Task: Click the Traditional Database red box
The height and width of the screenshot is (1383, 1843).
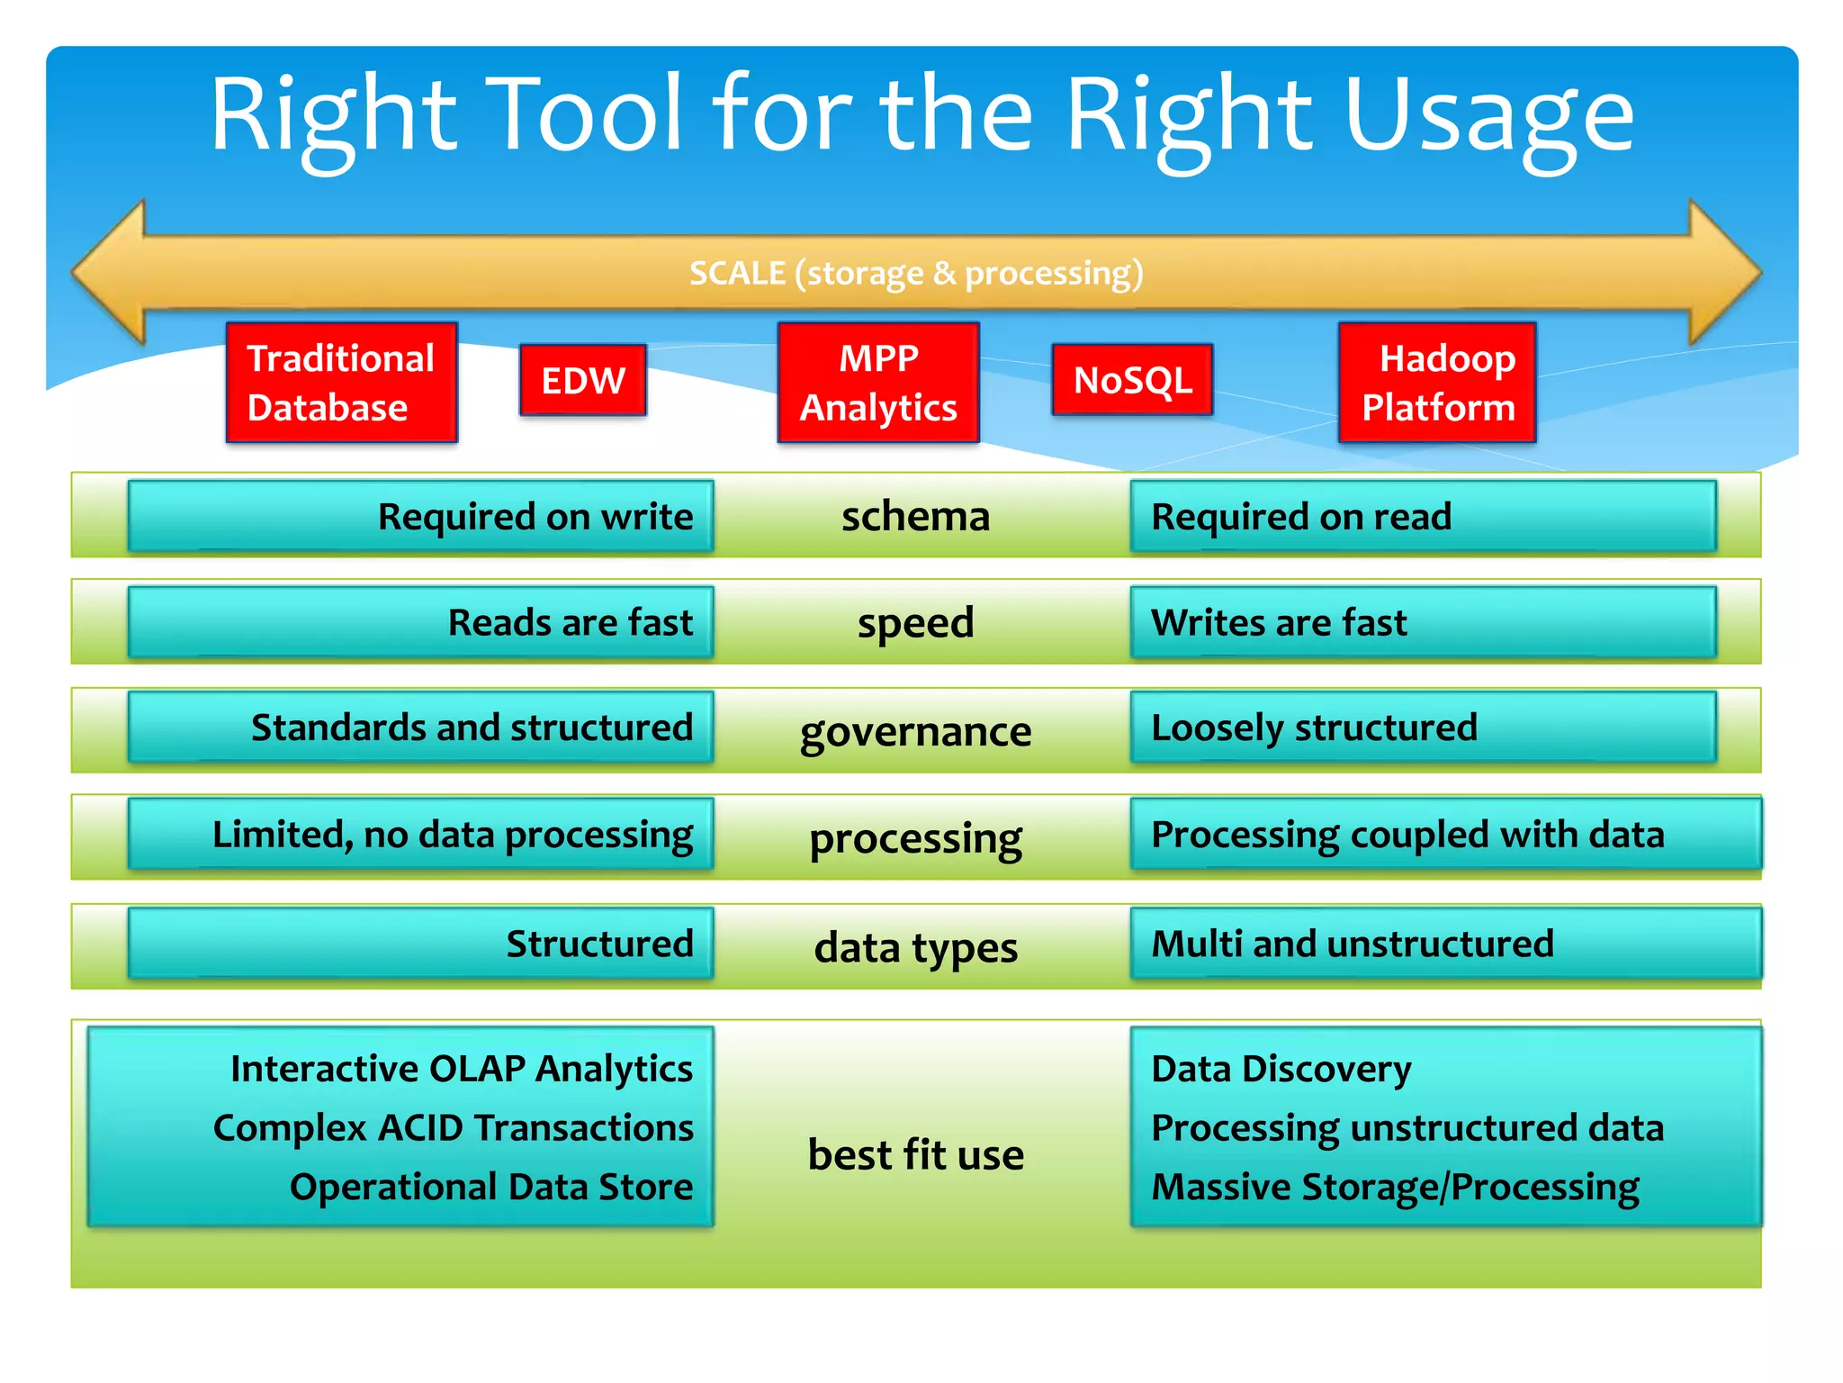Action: pyautogui.click(x=341, y=383)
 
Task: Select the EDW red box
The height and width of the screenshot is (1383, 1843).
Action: pyautogui.click(x=583, y=380)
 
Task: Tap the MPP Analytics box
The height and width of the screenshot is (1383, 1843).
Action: pyautogui.click(x=878, y=383)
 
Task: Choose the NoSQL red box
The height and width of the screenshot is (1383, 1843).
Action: pyautogui.click(x=1132, y=380)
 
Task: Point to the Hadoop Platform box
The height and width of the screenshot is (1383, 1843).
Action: pyautogui.click(x=1437, y=383)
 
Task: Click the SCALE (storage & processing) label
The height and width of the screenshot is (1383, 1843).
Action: pyautogui.click(x=916, y=273)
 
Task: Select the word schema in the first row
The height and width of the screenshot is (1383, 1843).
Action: pyautogui.click(x=915, y=517)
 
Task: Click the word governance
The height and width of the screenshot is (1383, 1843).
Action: pyautogui.click(x=915, y=731)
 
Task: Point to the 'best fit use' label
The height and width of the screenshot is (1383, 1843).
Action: pyautogui.click(x=915, y=1154)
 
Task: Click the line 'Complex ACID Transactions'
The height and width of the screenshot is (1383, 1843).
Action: pyautogui.click(x=454, y=1128)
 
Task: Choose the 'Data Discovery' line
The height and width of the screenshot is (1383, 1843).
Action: pyautogui.click(x=1281, y=1069)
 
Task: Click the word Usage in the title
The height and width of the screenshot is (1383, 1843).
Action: pyautogui.click(x=1488, y=117)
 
